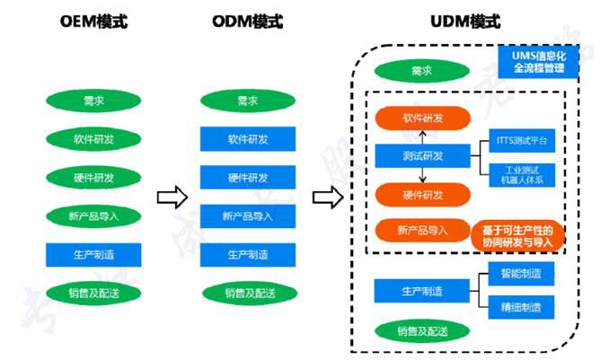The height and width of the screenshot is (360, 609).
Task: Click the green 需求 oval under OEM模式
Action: click(x=94, y=101)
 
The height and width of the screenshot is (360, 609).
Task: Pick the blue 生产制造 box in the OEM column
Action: click(x=94, y=253)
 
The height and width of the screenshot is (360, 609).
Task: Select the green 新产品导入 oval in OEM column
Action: click(x=94, y=215)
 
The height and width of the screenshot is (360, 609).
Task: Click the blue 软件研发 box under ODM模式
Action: click(x=247, y=139)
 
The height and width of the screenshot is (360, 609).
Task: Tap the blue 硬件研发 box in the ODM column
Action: click(x=247, y=177)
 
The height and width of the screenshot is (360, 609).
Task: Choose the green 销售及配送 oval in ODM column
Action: click(x=247, y=292)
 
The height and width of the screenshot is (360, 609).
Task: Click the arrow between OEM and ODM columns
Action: click(x=171, y=197)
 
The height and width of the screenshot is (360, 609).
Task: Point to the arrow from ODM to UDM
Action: click(x=327, y=197)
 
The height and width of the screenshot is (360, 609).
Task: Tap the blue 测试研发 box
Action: click(x=422, y=156)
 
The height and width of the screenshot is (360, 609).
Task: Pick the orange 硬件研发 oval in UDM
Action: click(x=422, y=194)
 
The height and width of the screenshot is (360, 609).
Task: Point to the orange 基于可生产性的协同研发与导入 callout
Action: click(x=517, y=235)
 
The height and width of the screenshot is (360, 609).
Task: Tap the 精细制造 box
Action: click(x=521, y=308)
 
